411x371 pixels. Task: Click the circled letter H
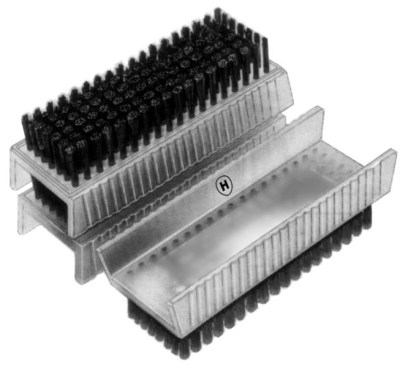pos(223,184)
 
